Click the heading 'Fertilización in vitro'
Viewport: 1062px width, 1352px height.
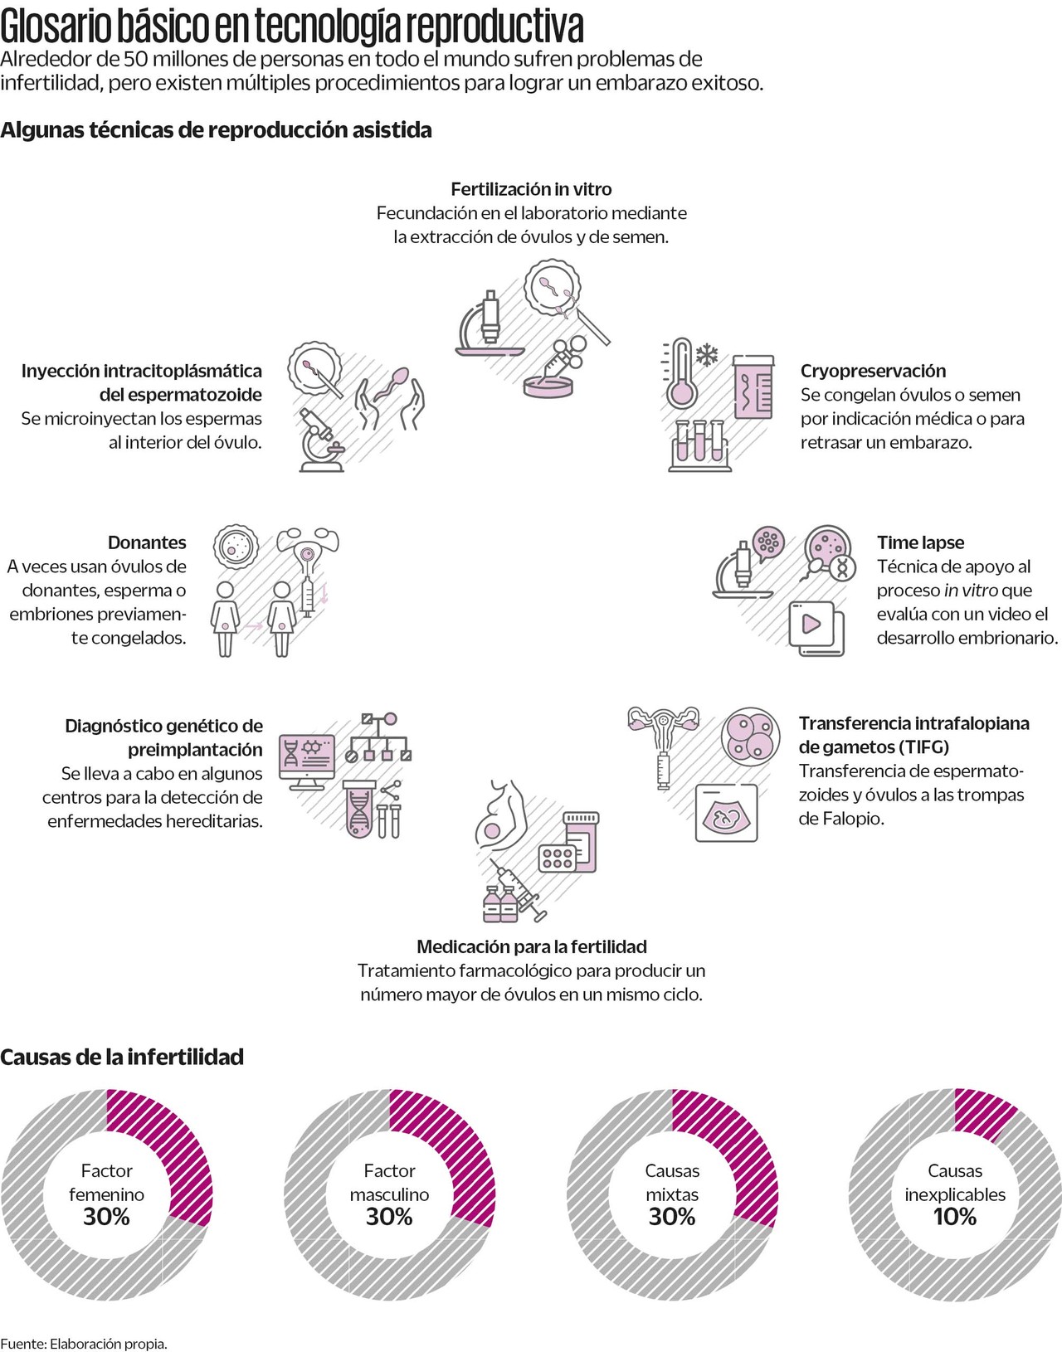[531, 189]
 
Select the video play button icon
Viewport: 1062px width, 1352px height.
[813, 624]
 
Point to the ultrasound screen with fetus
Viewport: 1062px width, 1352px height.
[726, 814]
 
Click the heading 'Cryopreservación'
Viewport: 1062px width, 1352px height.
[873, 371]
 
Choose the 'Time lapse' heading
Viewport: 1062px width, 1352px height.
[920, 542]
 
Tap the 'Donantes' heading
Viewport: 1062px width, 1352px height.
[147, 542]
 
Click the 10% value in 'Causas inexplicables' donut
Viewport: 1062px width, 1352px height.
[955, 1217]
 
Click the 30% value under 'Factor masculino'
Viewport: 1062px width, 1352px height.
[389, 1217]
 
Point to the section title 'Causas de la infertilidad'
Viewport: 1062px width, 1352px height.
[122, 1057]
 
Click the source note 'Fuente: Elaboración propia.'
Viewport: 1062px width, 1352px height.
[84, 1344]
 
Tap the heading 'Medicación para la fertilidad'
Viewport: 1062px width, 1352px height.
[532, 946]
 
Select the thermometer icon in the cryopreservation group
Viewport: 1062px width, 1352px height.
[682, 373]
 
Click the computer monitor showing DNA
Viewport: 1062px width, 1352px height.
[307, 759]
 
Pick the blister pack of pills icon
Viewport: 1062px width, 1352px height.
[558, 858]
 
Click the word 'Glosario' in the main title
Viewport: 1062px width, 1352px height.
[56, 27]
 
